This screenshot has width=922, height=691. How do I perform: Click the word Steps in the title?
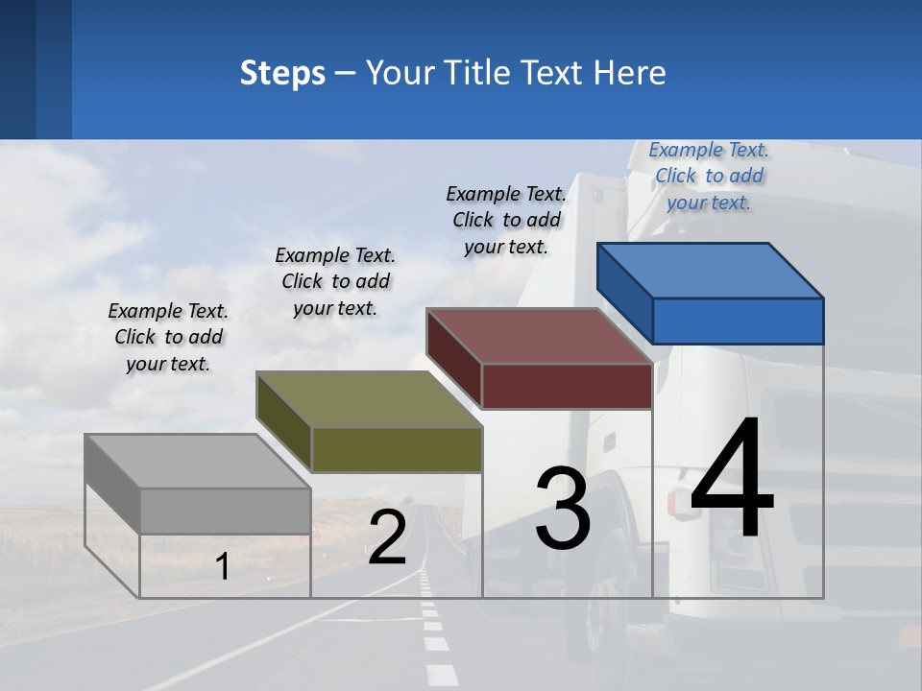(282, 74)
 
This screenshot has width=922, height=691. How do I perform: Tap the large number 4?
(732, 480)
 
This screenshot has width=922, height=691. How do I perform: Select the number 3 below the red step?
(563, 508)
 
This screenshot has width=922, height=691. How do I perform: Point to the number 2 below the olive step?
(387, 538)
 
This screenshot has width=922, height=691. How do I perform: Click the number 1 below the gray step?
(222, 567)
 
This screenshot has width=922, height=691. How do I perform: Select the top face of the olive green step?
(370, 399)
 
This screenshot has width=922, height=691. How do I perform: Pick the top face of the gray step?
(198, 462)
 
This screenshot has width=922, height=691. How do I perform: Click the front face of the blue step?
(738, 321)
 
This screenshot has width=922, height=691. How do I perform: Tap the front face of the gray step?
(226, 511)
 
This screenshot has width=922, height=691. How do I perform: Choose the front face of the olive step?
(397, 449)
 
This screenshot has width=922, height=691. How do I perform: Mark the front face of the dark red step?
(567, 386)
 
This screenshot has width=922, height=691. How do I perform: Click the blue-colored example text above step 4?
(709, 176)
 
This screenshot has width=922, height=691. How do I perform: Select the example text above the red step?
(506, 220)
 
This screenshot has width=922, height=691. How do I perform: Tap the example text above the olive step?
(335, 281)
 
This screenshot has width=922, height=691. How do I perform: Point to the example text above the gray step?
(168, 337)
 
